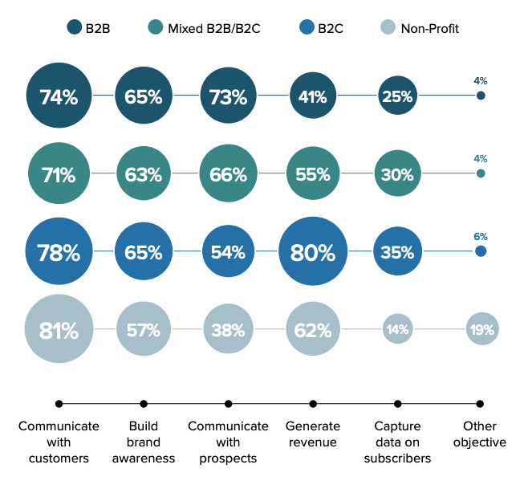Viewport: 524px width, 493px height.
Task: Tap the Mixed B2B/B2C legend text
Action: click(216, 29)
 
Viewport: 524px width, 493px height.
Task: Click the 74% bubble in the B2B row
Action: click(59, 96)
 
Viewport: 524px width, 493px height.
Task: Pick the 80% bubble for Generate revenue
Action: click(313, 252)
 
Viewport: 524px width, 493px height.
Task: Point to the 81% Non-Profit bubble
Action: click(59, 329)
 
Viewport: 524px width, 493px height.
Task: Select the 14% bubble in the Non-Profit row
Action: click(397, 329)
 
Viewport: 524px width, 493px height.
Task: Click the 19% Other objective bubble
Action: click(481, 329)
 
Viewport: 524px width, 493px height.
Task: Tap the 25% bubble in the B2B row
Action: click(397, 96)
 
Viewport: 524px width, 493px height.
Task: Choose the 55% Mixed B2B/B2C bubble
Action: click(313, 174)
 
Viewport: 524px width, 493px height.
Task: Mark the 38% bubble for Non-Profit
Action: click(228, 329)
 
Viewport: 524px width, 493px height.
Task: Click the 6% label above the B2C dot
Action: click(481, 237)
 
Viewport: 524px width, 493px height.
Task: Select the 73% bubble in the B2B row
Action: click(228, 96)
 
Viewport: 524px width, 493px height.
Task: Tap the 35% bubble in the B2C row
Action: click(397, 252)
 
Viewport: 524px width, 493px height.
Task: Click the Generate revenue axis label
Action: click(313, 434)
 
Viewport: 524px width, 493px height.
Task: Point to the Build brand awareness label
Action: click(144, 442)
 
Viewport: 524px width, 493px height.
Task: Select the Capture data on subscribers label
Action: click(397, 442)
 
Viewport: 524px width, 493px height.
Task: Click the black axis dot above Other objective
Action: click(480, 403)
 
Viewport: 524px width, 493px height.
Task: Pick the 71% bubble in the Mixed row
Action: click(59, 174)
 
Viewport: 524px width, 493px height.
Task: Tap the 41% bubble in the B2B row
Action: click(313, 96)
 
